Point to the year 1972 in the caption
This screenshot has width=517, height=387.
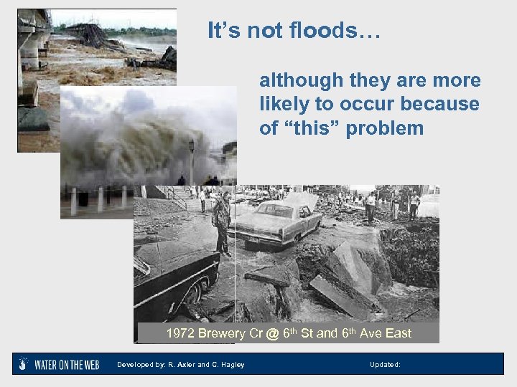click(180, 333)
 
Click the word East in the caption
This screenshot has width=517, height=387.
click(398, 333)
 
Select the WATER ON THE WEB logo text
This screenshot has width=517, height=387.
click(67, 364)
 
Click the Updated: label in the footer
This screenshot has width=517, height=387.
click(385, 365)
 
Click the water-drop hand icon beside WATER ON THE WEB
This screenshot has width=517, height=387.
click(24, 363)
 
